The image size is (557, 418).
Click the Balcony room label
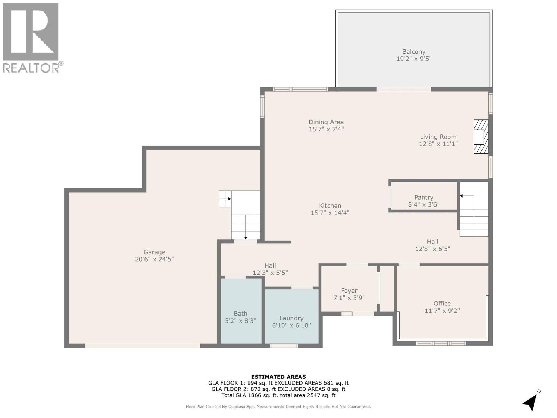[x=414, y=52]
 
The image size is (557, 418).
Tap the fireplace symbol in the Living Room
[x=480, y=137]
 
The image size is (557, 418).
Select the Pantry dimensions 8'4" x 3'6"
[x=424, y=204]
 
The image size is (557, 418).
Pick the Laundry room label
[x=291, y=318]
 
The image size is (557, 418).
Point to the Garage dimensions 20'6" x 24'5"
[x=154, y=259]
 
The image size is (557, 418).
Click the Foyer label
[x=349, y=291]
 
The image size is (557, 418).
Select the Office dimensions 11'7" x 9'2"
[x=442, y=311]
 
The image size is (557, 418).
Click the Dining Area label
[x=326, y=122]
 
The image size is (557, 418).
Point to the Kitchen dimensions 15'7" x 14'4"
[x=330, y=213]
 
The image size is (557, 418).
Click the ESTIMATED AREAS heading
[x=278, y=377]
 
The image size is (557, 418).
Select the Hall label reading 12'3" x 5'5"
[x=270, y=269]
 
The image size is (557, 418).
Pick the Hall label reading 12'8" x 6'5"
[x=432, y=245]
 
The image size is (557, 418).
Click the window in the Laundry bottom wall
[x=284, y=346]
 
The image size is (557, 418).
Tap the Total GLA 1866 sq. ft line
[x=278, y=395]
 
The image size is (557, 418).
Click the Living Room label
[x=438, y=137]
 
